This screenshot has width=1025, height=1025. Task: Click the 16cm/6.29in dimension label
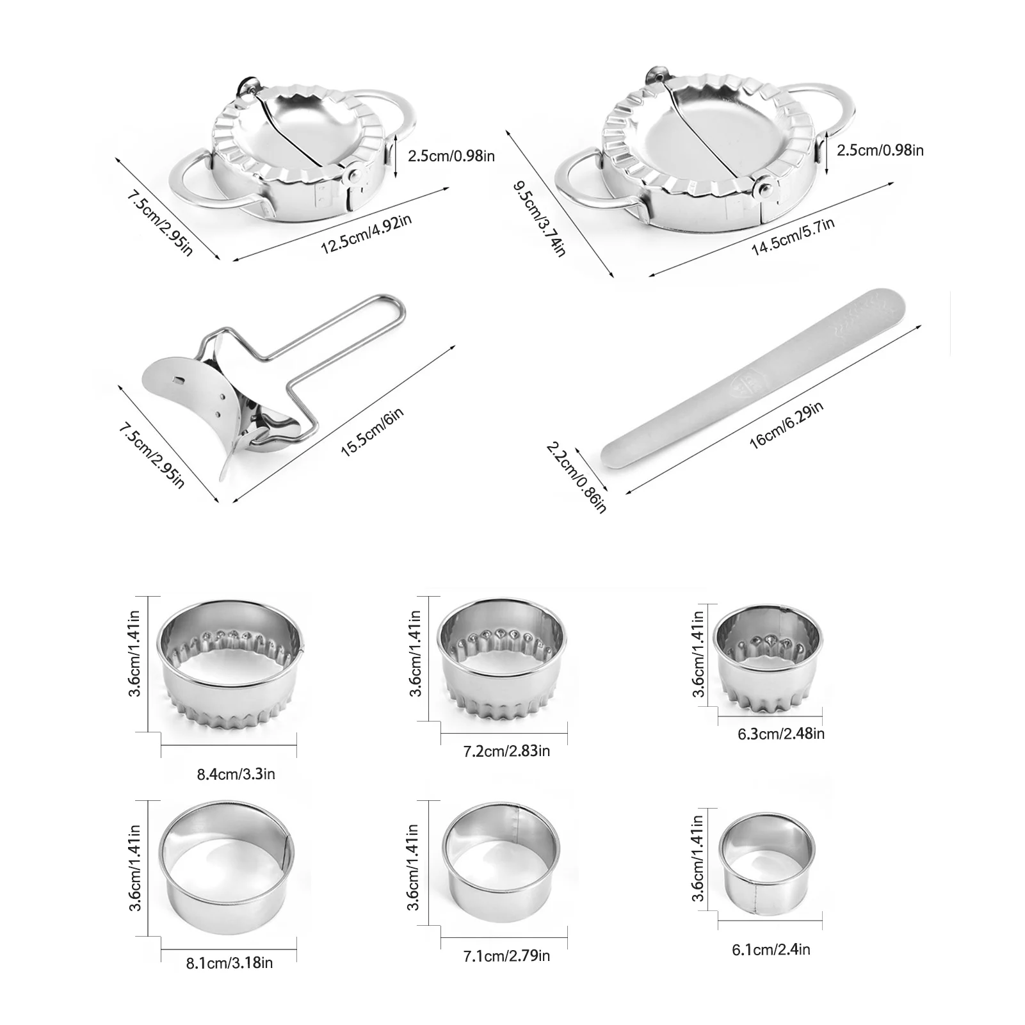[x=786, y=424]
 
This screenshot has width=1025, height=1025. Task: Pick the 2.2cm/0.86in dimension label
[x=576, y=476]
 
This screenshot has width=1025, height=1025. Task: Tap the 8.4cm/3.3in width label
[x=236, y=773]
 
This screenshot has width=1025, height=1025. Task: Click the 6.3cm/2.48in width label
[x=781, y=733]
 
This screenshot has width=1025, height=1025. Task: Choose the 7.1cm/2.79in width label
[x=506, y=956]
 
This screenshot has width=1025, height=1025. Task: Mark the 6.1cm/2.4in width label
[x=771, y=949]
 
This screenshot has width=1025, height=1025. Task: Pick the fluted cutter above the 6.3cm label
[x=768, y=660]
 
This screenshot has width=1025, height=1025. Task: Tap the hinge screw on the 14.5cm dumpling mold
[x=763, y=187]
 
